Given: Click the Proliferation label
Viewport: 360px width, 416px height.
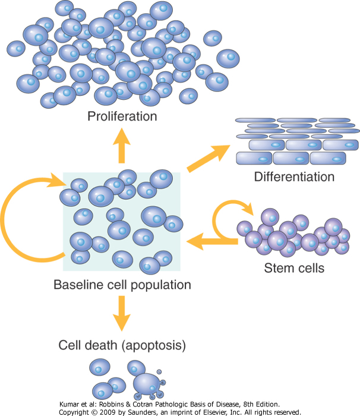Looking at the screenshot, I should (x=122, y=116).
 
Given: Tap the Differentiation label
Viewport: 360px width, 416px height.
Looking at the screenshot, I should (x=294, y=177).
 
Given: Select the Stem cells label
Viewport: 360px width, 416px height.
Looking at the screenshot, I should (x=293, y=268).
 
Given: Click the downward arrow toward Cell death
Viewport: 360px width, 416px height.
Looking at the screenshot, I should (x=122, y=313).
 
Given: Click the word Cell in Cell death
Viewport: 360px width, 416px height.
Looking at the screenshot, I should (x=70, y=345).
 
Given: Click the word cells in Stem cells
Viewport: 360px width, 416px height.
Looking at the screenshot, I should (x=310, y=268).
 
